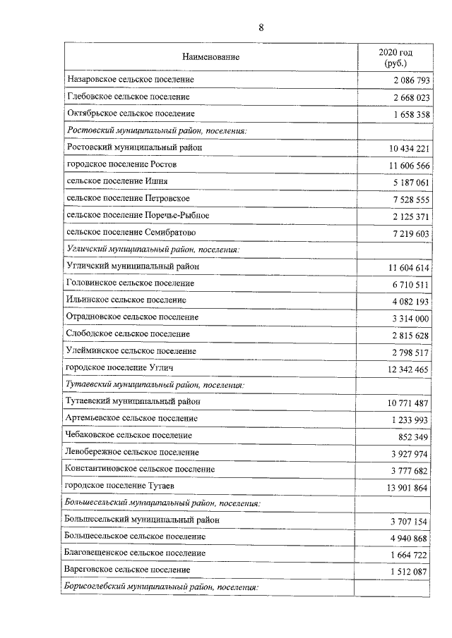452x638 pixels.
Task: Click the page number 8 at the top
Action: point(261,28)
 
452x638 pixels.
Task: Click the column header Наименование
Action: point(210,57)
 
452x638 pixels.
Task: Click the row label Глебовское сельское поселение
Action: point(128,97)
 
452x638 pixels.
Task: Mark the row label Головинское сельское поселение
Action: point(130,283)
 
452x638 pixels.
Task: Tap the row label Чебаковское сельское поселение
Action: point(128,436)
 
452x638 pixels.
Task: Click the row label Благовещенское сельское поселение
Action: point(136,553)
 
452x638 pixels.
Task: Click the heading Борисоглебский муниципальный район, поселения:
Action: point(161,587)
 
